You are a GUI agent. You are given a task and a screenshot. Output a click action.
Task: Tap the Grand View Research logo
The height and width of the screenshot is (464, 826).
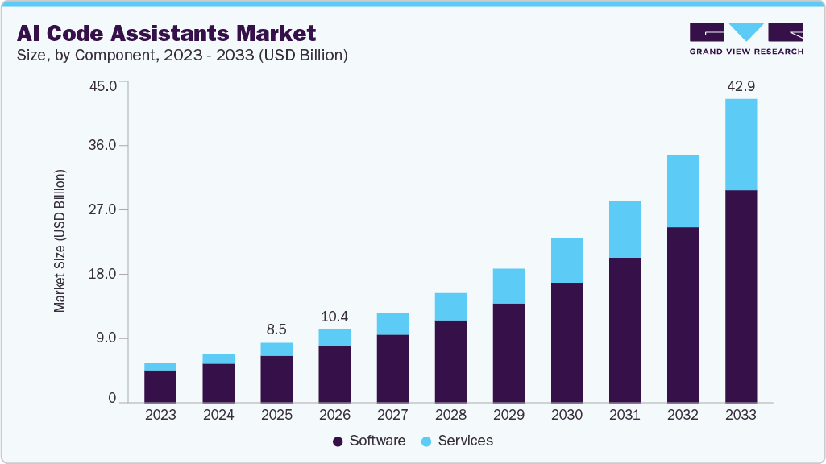pyautogui.click(x=746, y=38)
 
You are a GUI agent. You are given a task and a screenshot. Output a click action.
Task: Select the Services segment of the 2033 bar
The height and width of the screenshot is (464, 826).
pyautogui.click(x=741, y=144)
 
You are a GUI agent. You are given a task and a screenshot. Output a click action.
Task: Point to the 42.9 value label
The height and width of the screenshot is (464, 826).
pyautogui.click(x=741, y=86)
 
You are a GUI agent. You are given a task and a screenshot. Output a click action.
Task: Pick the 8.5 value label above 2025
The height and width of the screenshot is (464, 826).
pyautogui.click(x=276, y=329)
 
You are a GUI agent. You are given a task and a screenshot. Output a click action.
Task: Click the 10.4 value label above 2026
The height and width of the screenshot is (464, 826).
pyautogui.click(x=334, y=316)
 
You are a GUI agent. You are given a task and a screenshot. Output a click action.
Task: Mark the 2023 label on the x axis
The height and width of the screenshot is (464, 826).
pyautogui.click(x=160, y=415)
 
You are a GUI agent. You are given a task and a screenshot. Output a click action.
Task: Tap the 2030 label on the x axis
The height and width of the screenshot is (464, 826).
pyautogui.click(x=567, y=415)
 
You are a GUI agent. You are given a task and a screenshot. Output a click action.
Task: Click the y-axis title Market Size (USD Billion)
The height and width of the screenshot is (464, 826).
pyautogui.click(x=60, y=242)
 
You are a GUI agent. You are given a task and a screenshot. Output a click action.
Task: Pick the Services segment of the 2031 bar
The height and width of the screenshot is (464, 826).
pyautogui.click(x=625, y=230)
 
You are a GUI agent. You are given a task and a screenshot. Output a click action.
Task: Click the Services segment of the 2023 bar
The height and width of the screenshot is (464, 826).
pyautogui.click(x=160, y=367)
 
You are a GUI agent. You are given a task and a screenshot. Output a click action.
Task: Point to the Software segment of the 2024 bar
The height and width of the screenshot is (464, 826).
pyautogui.click(x=218, y=383)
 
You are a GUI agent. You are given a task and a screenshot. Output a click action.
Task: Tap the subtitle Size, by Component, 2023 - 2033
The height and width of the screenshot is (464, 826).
pyautogui.click(x=181, y=55)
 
